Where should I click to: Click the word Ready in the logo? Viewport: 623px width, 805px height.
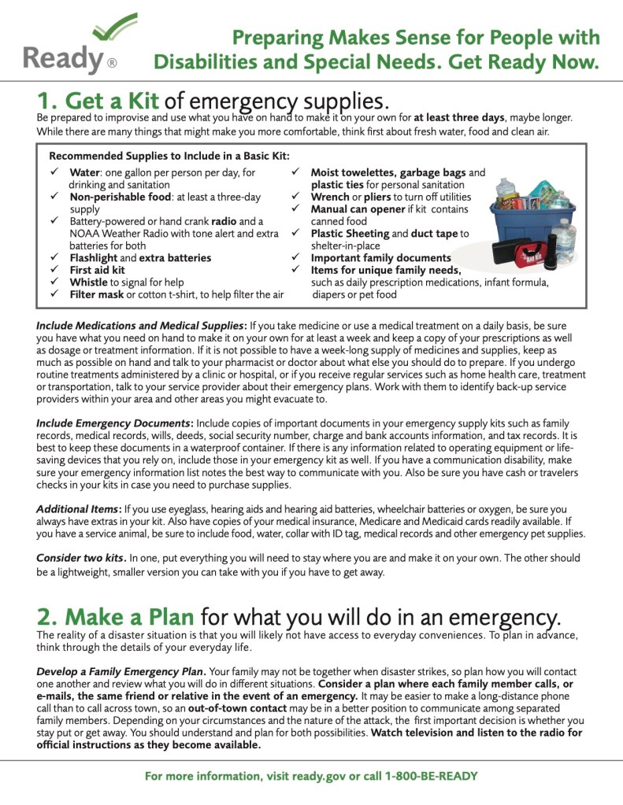pyautogui.click(x=63, y=59)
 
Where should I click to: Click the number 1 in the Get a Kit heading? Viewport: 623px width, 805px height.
pyautogui.click(x=46, y=101)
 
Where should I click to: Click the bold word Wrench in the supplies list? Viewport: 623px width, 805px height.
pyautogui.click(x=331, y=197)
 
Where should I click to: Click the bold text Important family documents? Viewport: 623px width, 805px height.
pyautogui.click(x=380, y=258)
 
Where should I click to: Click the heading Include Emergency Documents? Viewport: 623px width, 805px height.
pyautogui.click(x=113, y=423)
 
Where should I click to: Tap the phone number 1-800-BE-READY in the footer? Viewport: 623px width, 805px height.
pyautogui.click(x=431, y=776)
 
